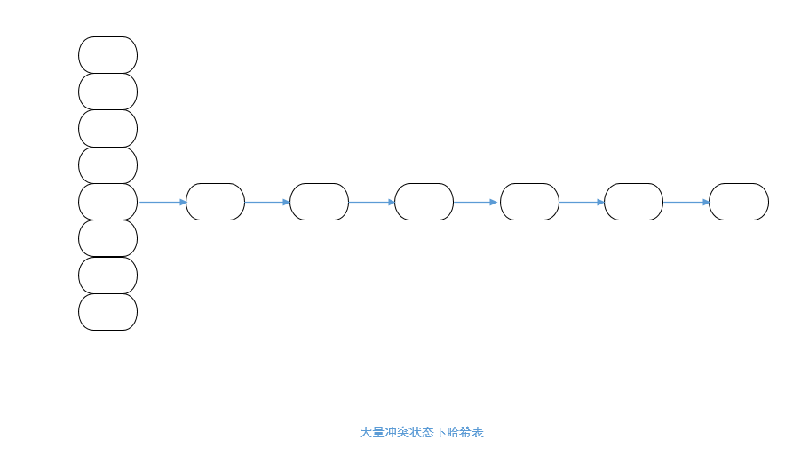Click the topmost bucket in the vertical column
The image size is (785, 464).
(107, 55)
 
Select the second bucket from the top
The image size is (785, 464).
(107, 92)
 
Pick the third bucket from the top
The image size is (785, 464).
(107, 128)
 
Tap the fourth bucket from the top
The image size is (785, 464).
(107, 165)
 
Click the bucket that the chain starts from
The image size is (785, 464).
(107, 202)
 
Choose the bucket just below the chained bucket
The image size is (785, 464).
(107, 238)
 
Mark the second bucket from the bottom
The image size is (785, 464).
(107, 276)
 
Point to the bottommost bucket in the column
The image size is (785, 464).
(107, 312)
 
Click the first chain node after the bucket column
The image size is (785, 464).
(215, 202)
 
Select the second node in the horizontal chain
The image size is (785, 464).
(319, 202)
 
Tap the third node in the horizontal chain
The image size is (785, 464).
(424, 202)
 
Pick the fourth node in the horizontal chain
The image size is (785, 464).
(529, 202)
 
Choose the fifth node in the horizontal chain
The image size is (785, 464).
(633, 202)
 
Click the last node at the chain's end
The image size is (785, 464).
(738, 202)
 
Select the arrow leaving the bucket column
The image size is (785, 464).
(162, 202)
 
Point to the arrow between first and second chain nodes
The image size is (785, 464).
(267, 202)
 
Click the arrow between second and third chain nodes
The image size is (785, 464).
(371, 202)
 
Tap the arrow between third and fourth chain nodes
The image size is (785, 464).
(477, 202)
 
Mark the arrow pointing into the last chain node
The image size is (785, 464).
(686, 202)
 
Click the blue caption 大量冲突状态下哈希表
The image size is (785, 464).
(421, 432)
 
